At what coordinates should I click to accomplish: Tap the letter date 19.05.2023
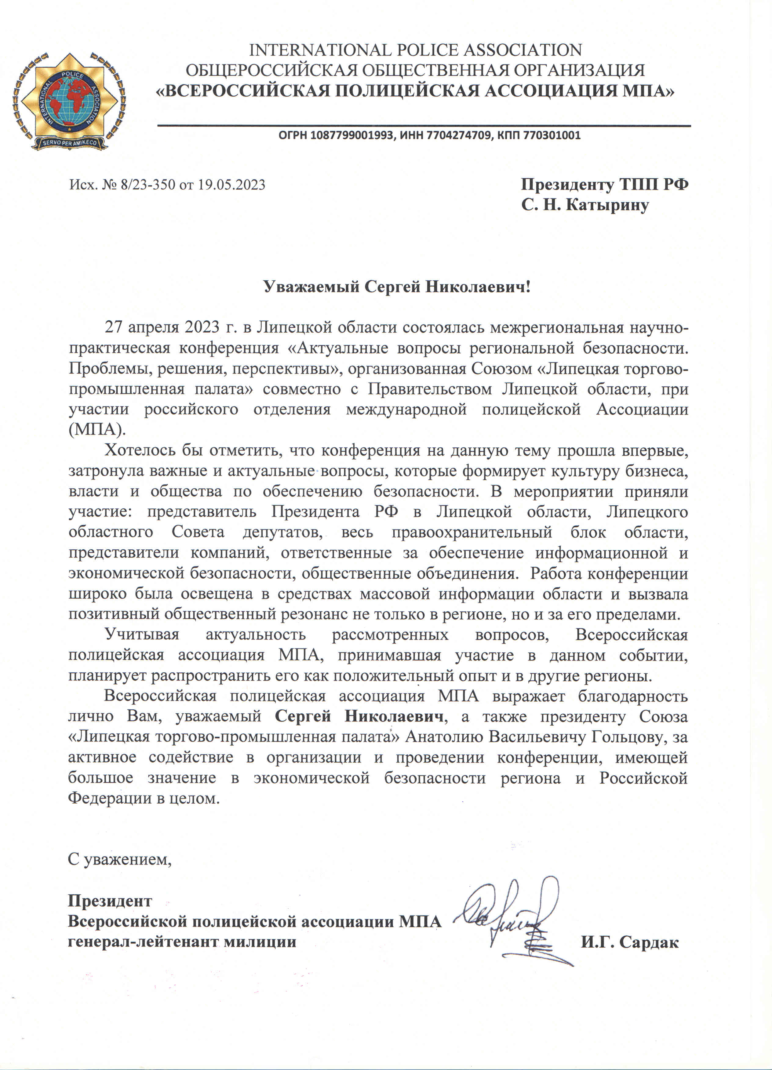[x=231, y=184]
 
